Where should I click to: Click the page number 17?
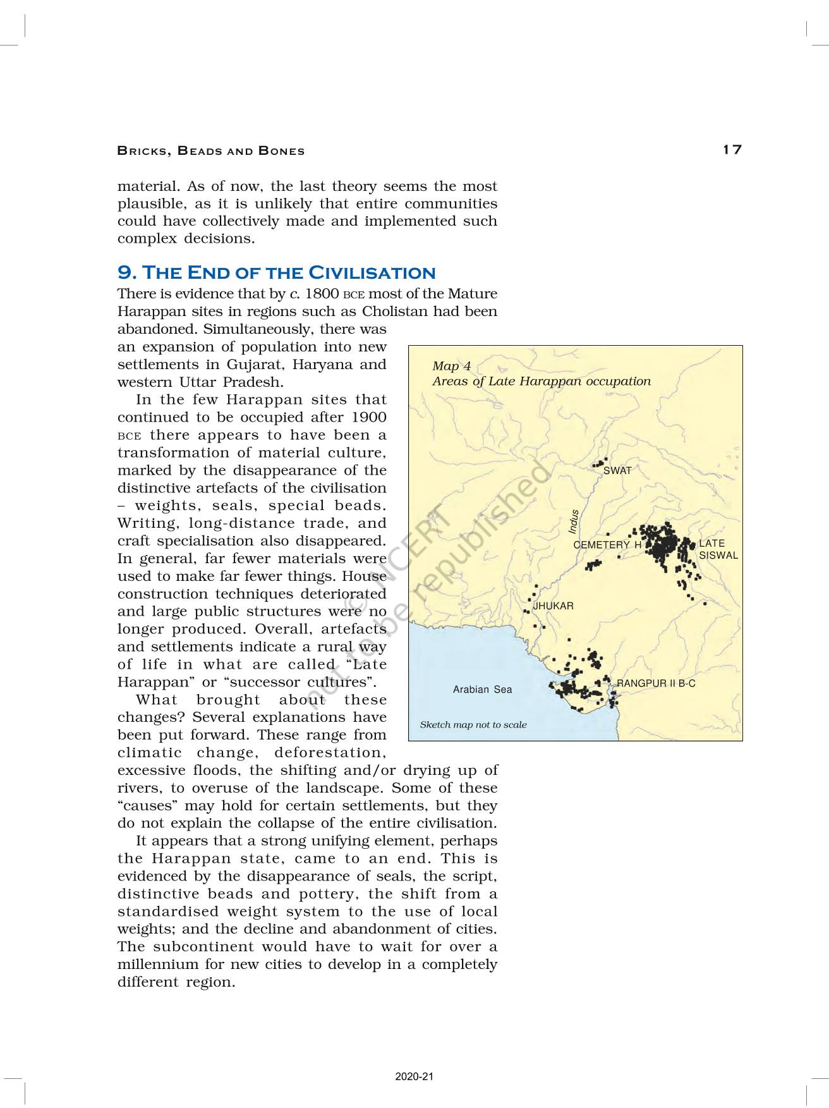(x=732, y=150)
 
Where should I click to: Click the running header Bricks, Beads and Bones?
(x=211, y=151)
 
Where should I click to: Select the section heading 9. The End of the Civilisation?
(x=277, y=272)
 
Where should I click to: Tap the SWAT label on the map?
(x=617, y=471)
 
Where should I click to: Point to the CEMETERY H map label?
(x=607, y=545)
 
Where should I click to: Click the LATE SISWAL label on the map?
(x=718, y=549)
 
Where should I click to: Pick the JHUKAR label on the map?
(x=554, y=606)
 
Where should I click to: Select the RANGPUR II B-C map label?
(x=656, y=684)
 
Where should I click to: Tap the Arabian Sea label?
(x=482, y=690)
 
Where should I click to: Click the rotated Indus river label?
(x=574, y=522)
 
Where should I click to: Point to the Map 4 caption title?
(x=451, y=366)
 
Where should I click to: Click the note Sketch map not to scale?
(x=473, y=725)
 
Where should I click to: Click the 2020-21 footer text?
(x=414, y=1077)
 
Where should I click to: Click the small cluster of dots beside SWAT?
(x=599, y=463)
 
